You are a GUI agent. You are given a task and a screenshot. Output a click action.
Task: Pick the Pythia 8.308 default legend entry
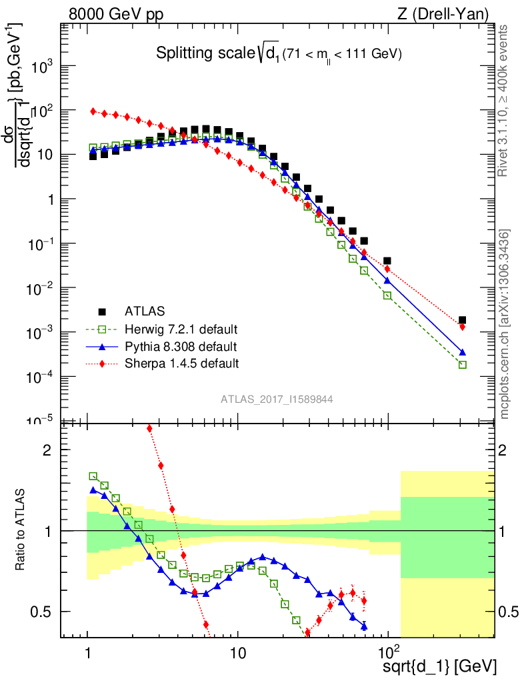180,347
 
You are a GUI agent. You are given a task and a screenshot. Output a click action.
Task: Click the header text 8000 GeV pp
116,13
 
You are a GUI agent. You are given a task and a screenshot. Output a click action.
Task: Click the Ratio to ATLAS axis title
23,530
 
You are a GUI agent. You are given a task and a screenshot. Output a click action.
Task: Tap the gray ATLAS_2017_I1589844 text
277,400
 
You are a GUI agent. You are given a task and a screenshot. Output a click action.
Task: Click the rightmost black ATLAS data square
462,320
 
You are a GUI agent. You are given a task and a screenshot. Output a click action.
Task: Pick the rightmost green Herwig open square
462,365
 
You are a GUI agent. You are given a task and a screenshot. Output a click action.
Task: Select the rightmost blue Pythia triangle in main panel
462,352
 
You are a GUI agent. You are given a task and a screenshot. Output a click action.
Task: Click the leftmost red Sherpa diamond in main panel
93,111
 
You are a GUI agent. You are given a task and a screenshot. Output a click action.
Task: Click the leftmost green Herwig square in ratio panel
93,476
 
